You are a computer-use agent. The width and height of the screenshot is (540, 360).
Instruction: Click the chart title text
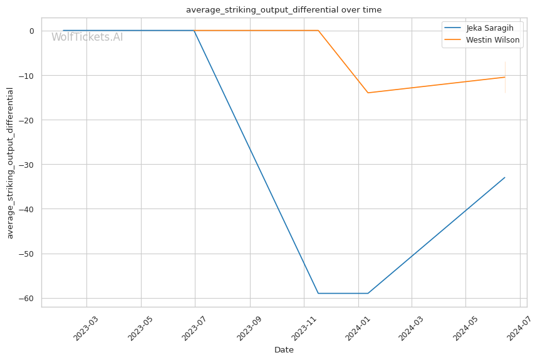pyautogui.click(x=283, y=10)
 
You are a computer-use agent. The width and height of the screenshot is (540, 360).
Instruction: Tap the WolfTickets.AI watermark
pyautogui.click(x=87, y=37)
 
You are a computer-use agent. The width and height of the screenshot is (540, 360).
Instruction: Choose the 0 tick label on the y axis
pyautogui.click(x=31, y=31)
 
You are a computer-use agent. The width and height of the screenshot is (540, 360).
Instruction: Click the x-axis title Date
pyautogui.click(x=284, y=350)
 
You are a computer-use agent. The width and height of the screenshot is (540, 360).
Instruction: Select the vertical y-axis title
pyautogui.click(x=10, y=163)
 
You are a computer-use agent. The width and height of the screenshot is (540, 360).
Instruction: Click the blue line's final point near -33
pyautogui.click(x=505, y=177)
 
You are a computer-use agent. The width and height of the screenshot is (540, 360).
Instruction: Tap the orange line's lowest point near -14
pyautogui.click(x=368, y=93)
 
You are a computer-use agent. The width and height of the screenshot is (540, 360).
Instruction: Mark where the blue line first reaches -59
pyautogui.click(x=318, y=293)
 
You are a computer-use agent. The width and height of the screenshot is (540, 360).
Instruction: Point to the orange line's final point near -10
pyautogui.click(x=505, y=77)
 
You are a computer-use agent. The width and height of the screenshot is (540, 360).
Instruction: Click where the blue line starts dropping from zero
pyautogui.click(x=194, y=31)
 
